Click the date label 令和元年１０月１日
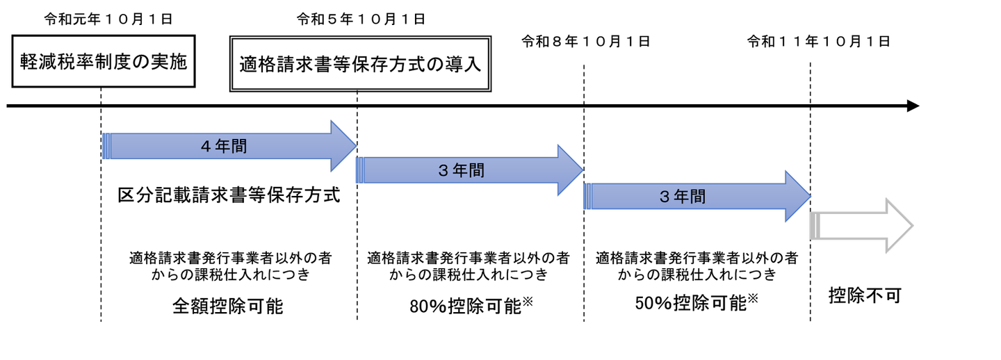click(108, 19)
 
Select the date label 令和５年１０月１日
click(361, 19)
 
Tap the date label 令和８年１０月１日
click(586, 42)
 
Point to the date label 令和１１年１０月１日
click(819, 42)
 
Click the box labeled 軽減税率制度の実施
click(104, 61)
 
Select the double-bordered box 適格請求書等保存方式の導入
click(360, 64)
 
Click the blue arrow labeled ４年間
click(229, 146)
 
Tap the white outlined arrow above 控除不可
click(861, 226)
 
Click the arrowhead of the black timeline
click(913, 106)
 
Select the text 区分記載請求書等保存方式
click(229, 195)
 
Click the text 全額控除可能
click(228, 306)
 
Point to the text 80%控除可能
click(466, 306)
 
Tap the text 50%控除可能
click(691, 303)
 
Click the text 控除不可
click(865, 295)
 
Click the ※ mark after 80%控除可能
click(528, 302)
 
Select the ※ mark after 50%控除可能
click(753, 298)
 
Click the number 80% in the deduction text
click(428, 306)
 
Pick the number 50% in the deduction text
click(653, 304)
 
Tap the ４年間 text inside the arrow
click(224, 146)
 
